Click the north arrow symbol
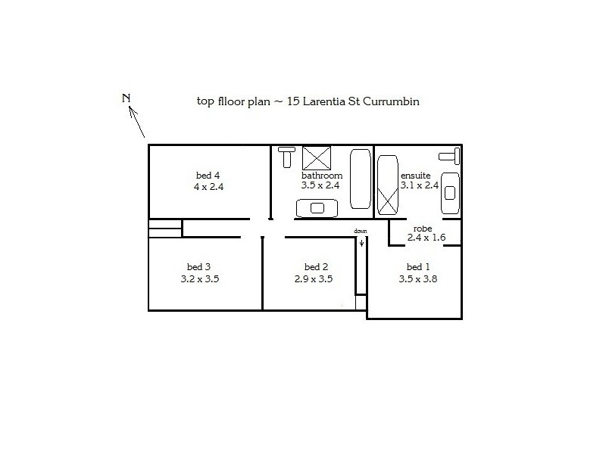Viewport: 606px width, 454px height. tap(137, 121)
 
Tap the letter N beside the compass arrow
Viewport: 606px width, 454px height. tap(127, 98)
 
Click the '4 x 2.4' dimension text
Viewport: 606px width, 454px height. tap(209, 186)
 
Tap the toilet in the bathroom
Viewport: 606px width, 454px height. tap(286, 157)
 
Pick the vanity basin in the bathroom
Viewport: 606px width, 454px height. tap(316, 208)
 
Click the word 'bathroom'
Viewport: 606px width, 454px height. tap(322, 176)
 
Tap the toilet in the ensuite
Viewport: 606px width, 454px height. tap(452, 155)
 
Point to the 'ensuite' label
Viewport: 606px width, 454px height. tap(415, 176)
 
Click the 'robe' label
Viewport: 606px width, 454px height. tap(423, 228)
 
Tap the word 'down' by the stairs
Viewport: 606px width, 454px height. tap(361, 231)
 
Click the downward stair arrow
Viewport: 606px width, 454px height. tap(361, 242)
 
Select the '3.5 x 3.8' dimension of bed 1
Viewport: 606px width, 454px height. tap(418, 278)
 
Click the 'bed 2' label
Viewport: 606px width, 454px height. tap(316, 267)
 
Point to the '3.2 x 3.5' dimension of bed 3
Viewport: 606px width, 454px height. tap(200, 278)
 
